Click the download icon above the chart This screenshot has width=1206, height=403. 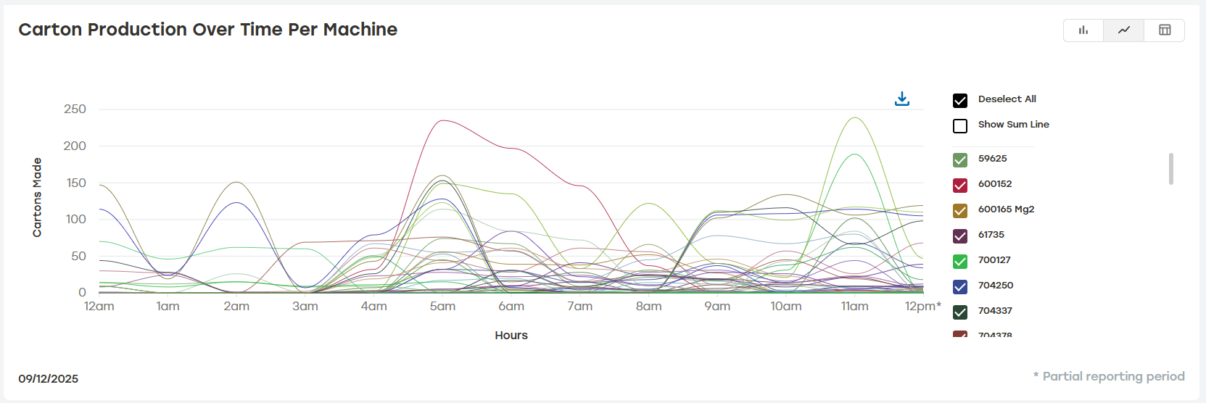tap(902, 99)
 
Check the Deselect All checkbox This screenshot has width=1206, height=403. tap(960, 101)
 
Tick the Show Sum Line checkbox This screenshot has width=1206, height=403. tap(960, 126)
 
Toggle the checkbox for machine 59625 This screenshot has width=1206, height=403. tap(960, 160)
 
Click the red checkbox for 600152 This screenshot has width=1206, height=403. tap(960, 186)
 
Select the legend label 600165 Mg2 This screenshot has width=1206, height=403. tap(1006, 209)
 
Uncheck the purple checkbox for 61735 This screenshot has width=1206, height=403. tap(960, 236)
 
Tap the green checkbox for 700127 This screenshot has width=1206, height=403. tap(960, 262)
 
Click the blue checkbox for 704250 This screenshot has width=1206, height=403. tap(960, 287)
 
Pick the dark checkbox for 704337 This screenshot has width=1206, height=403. tap(960, 312)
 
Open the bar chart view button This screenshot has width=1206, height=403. tap(1083, 30)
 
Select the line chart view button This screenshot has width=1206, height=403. tap(1124, 30)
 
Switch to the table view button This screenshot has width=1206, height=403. tap(1165, 30)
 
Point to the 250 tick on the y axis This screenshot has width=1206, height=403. tap(75, 109)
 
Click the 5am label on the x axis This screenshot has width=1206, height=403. tap(442, 307)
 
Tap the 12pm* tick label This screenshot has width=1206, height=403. tap(922, 307)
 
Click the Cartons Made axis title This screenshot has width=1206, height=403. tap(37, 197)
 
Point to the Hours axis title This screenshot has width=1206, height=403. tap(511, 336)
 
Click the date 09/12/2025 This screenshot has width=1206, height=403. tap(49, 379)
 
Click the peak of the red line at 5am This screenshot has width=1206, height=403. tap(442, 120)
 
